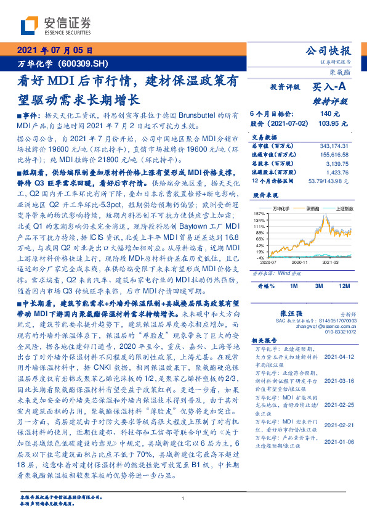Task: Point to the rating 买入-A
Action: [328, 88]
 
